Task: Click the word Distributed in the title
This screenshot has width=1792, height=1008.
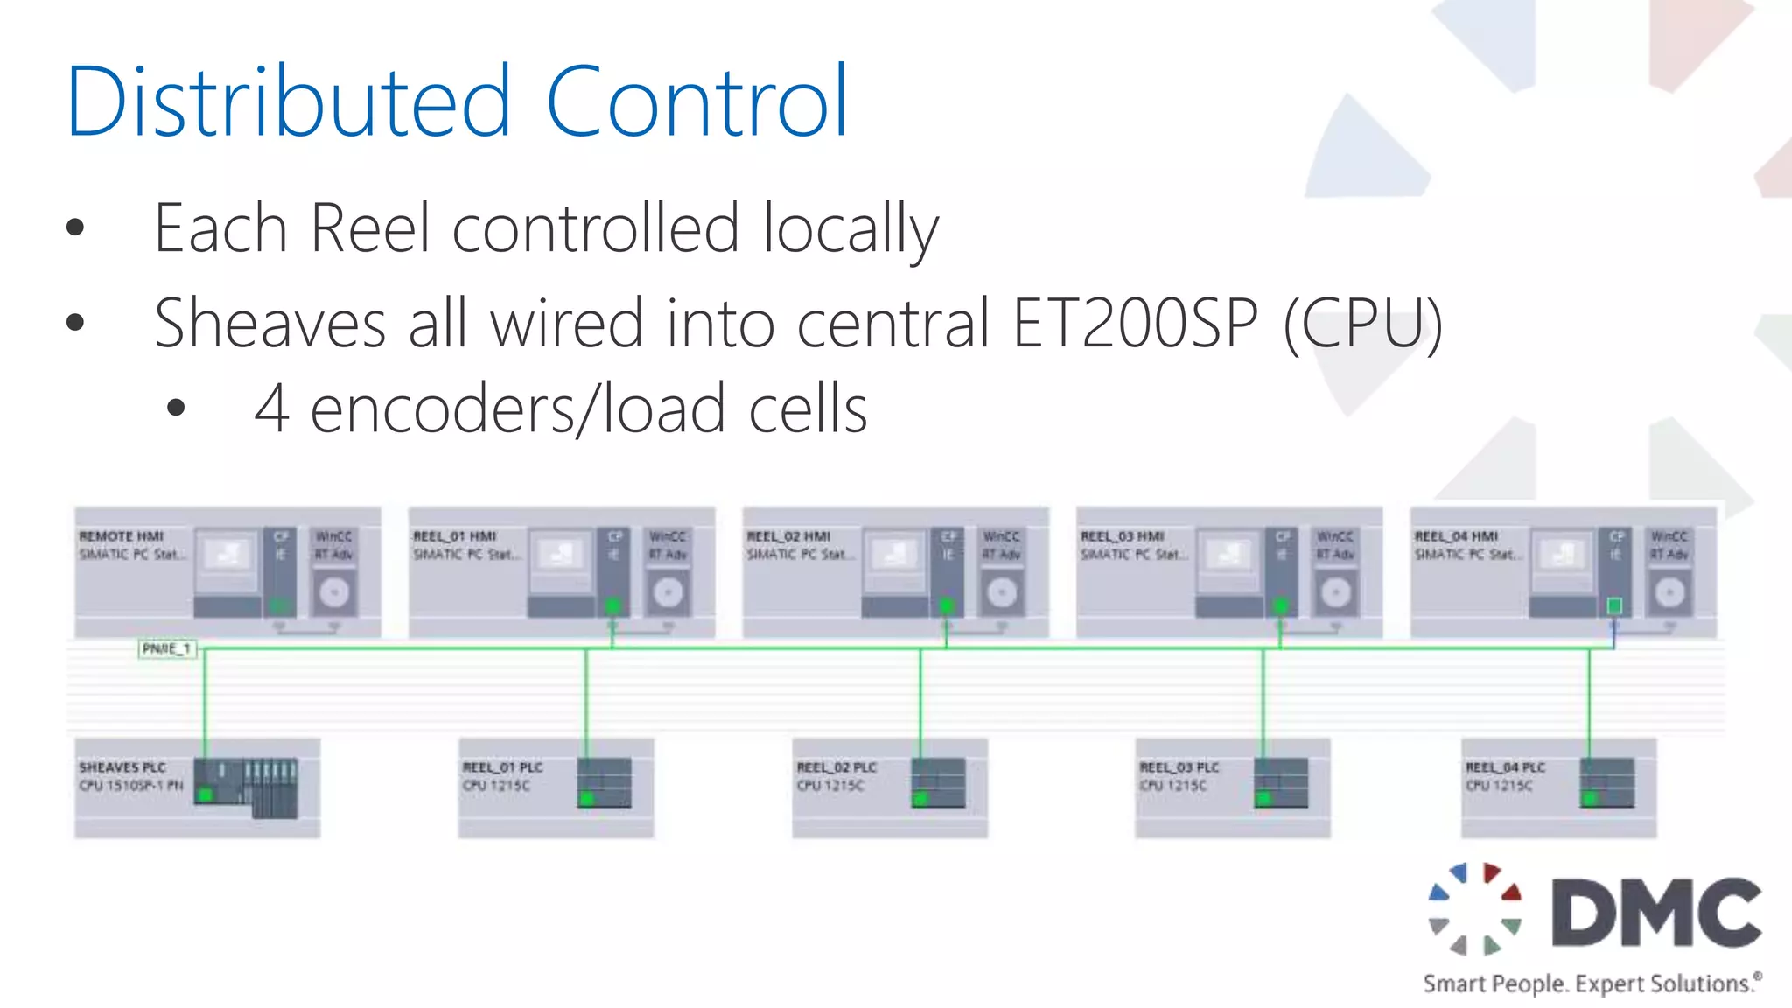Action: pyautogui.click(x=288, y=101)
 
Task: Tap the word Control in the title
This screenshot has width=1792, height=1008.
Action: pyautogui.click(x=697, y=101)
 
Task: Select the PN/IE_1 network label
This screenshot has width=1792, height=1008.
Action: pyautogui.click(x=166, y=648)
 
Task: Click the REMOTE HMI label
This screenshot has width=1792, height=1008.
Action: pyautogui.click(x=122, y=536)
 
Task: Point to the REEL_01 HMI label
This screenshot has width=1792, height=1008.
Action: pyautogui.click(x=455, y=536)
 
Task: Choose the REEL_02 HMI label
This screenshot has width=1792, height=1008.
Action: pyautogui.click(x=788, y=536)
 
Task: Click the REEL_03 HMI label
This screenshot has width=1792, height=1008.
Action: pyautogui.click(x=1123, y=536)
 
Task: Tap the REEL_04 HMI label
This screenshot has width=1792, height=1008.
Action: pyautogui.click(x=1457, y=536)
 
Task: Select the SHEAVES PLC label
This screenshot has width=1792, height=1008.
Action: pyautogui.click(x=122, y=767)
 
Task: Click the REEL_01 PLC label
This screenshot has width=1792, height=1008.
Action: pyautogui.click(x=503, y=767)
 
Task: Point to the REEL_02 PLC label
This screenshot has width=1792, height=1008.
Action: pyautogui.click(x=836, y=767)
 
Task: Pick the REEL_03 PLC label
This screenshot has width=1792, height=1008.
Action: pyautogui.click(x=1179, y=767)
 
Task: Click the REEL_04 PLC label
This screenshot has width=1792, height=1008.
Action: pyautogui.click(x=1506, y=767)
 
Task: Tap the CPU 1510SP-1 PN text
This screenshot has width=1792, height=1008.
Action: pyautogui.click(x=131, y=786)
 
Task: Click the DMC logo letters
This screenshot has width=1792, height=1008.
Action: pyautogui.click(x=1656, y=913)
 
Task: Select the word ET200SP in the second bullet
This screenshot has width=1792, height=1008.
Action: pyautogui.click(x=1135, y=323)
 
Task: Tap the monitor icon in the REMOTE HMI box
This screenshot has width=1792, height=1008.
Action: pyautogui.click(x=227, y=555)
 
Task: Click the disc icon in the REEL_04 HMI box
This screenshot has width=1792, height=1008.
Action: pyautogui.click(x=1669, y=593)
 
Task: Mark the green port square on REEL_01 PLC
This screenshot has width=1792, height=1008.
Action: pyautogui.click(x=586, y=798)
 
